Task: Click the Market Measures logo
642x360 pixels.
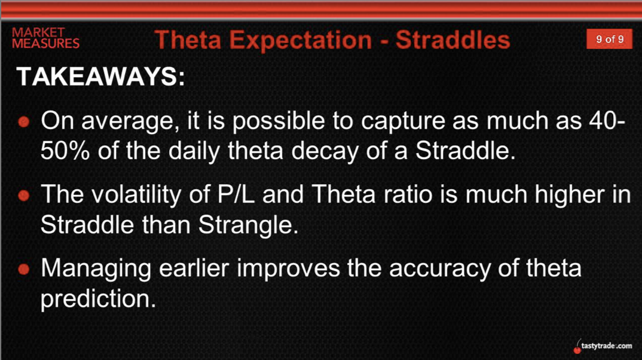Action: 45,38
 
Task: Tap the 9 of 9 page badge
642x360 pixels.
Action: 609,39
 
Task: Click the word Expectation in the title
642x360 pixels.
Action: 300,40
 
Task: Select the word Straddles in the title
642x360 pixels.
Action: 453,39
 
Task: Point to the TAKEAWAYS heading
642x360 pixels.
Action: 100,76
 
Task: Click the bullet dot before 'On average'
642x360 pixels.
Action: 24,121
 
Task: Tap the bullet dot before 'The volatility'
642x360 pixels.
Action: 24,196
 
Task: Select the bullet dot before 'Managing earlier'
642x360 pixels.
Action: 24,269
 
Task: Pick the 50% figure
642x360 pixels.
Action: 65,151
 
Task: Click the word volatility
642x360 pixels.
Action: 136,194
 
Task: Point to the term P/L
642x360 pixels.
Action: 236,194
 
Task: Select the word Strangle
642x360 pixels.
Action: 248,225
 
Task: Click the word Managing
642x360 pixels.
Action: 96,269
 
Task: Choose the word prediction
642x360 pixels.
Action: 98,299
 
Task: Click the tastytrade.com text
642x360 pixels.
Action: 606,346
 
